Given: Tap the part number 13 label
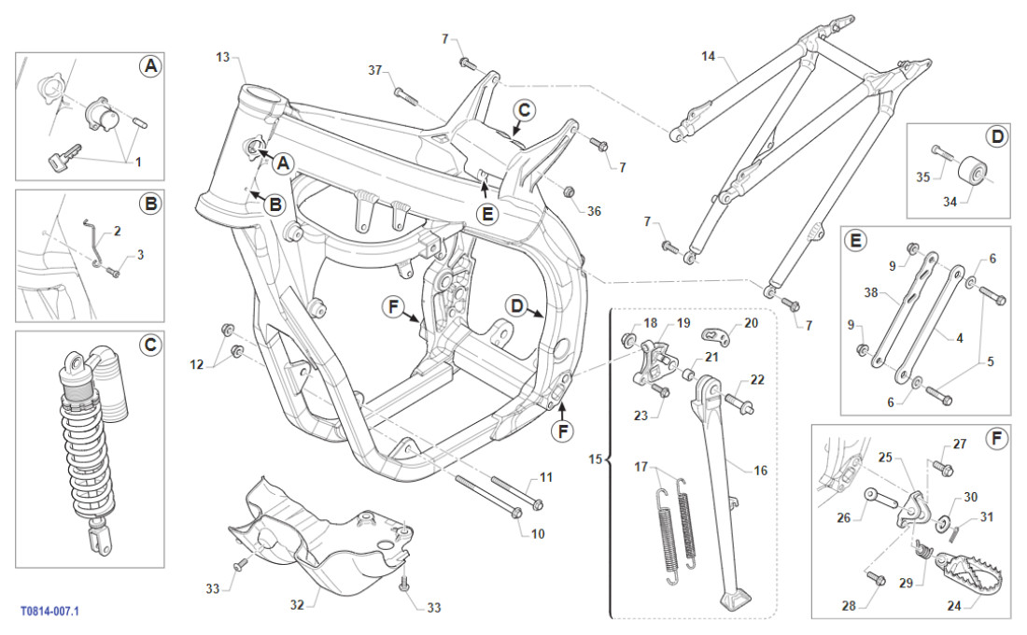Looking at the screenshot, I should pos(222,58).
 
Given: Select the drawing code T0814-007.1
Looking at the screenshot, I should pos(49,611).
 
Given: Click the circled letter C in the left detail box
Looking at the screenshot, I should pos(149,346).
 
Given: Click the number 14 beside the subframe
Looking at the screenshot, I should pos(709,57).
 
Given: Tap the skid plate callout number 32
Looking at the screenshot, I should pos(297,605).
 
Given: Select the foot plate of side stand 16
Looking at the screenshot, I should pos(739,599).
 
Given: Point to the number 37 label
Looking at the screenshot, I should pos(375,70).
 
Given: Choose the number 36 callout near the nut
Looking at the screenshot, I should pos(594,211).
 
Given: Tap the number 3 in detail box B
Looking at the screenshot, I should pos(141,254).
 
